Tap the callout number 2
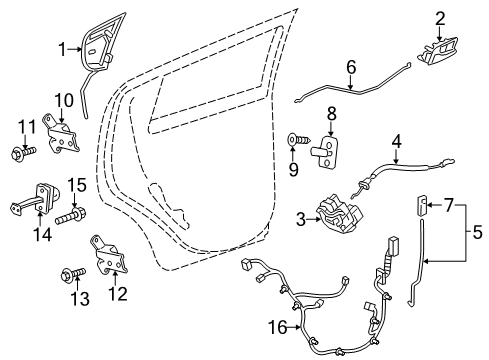[439, 17]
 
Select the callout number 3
[300, 217]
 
